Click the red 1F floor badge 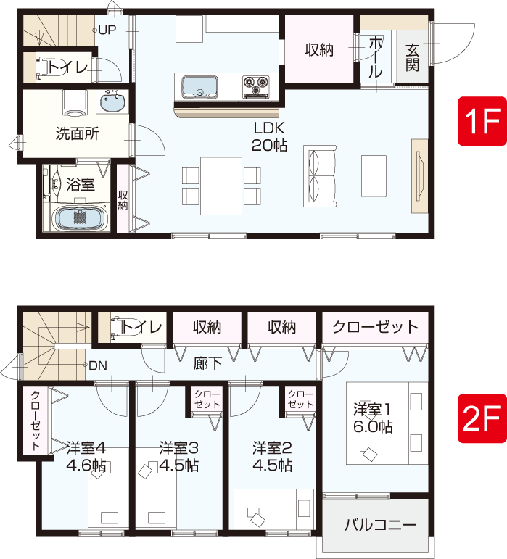[482, 121]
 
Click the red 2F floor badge [482, 418]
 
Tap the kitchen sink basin [199, 87]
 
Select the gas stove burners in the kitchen [255, 86]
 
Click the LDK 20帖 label [269, 136]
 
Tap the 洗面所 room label [77, 133]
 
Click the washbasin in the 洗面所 [112, 102]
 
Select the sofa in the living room [320, 176]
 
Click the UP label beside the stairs [107, 30]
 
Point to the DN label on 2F [98, 365]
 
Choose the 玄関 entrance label [412, 58]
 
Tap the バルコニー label [380, 525]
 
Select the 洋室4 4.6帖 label [86, 457]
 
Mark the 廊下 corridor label [207, 363]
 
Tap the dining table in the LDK [221, 186]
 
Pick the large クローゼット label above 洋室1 [376, 327]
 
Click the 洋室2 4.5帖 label [272, 457]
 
